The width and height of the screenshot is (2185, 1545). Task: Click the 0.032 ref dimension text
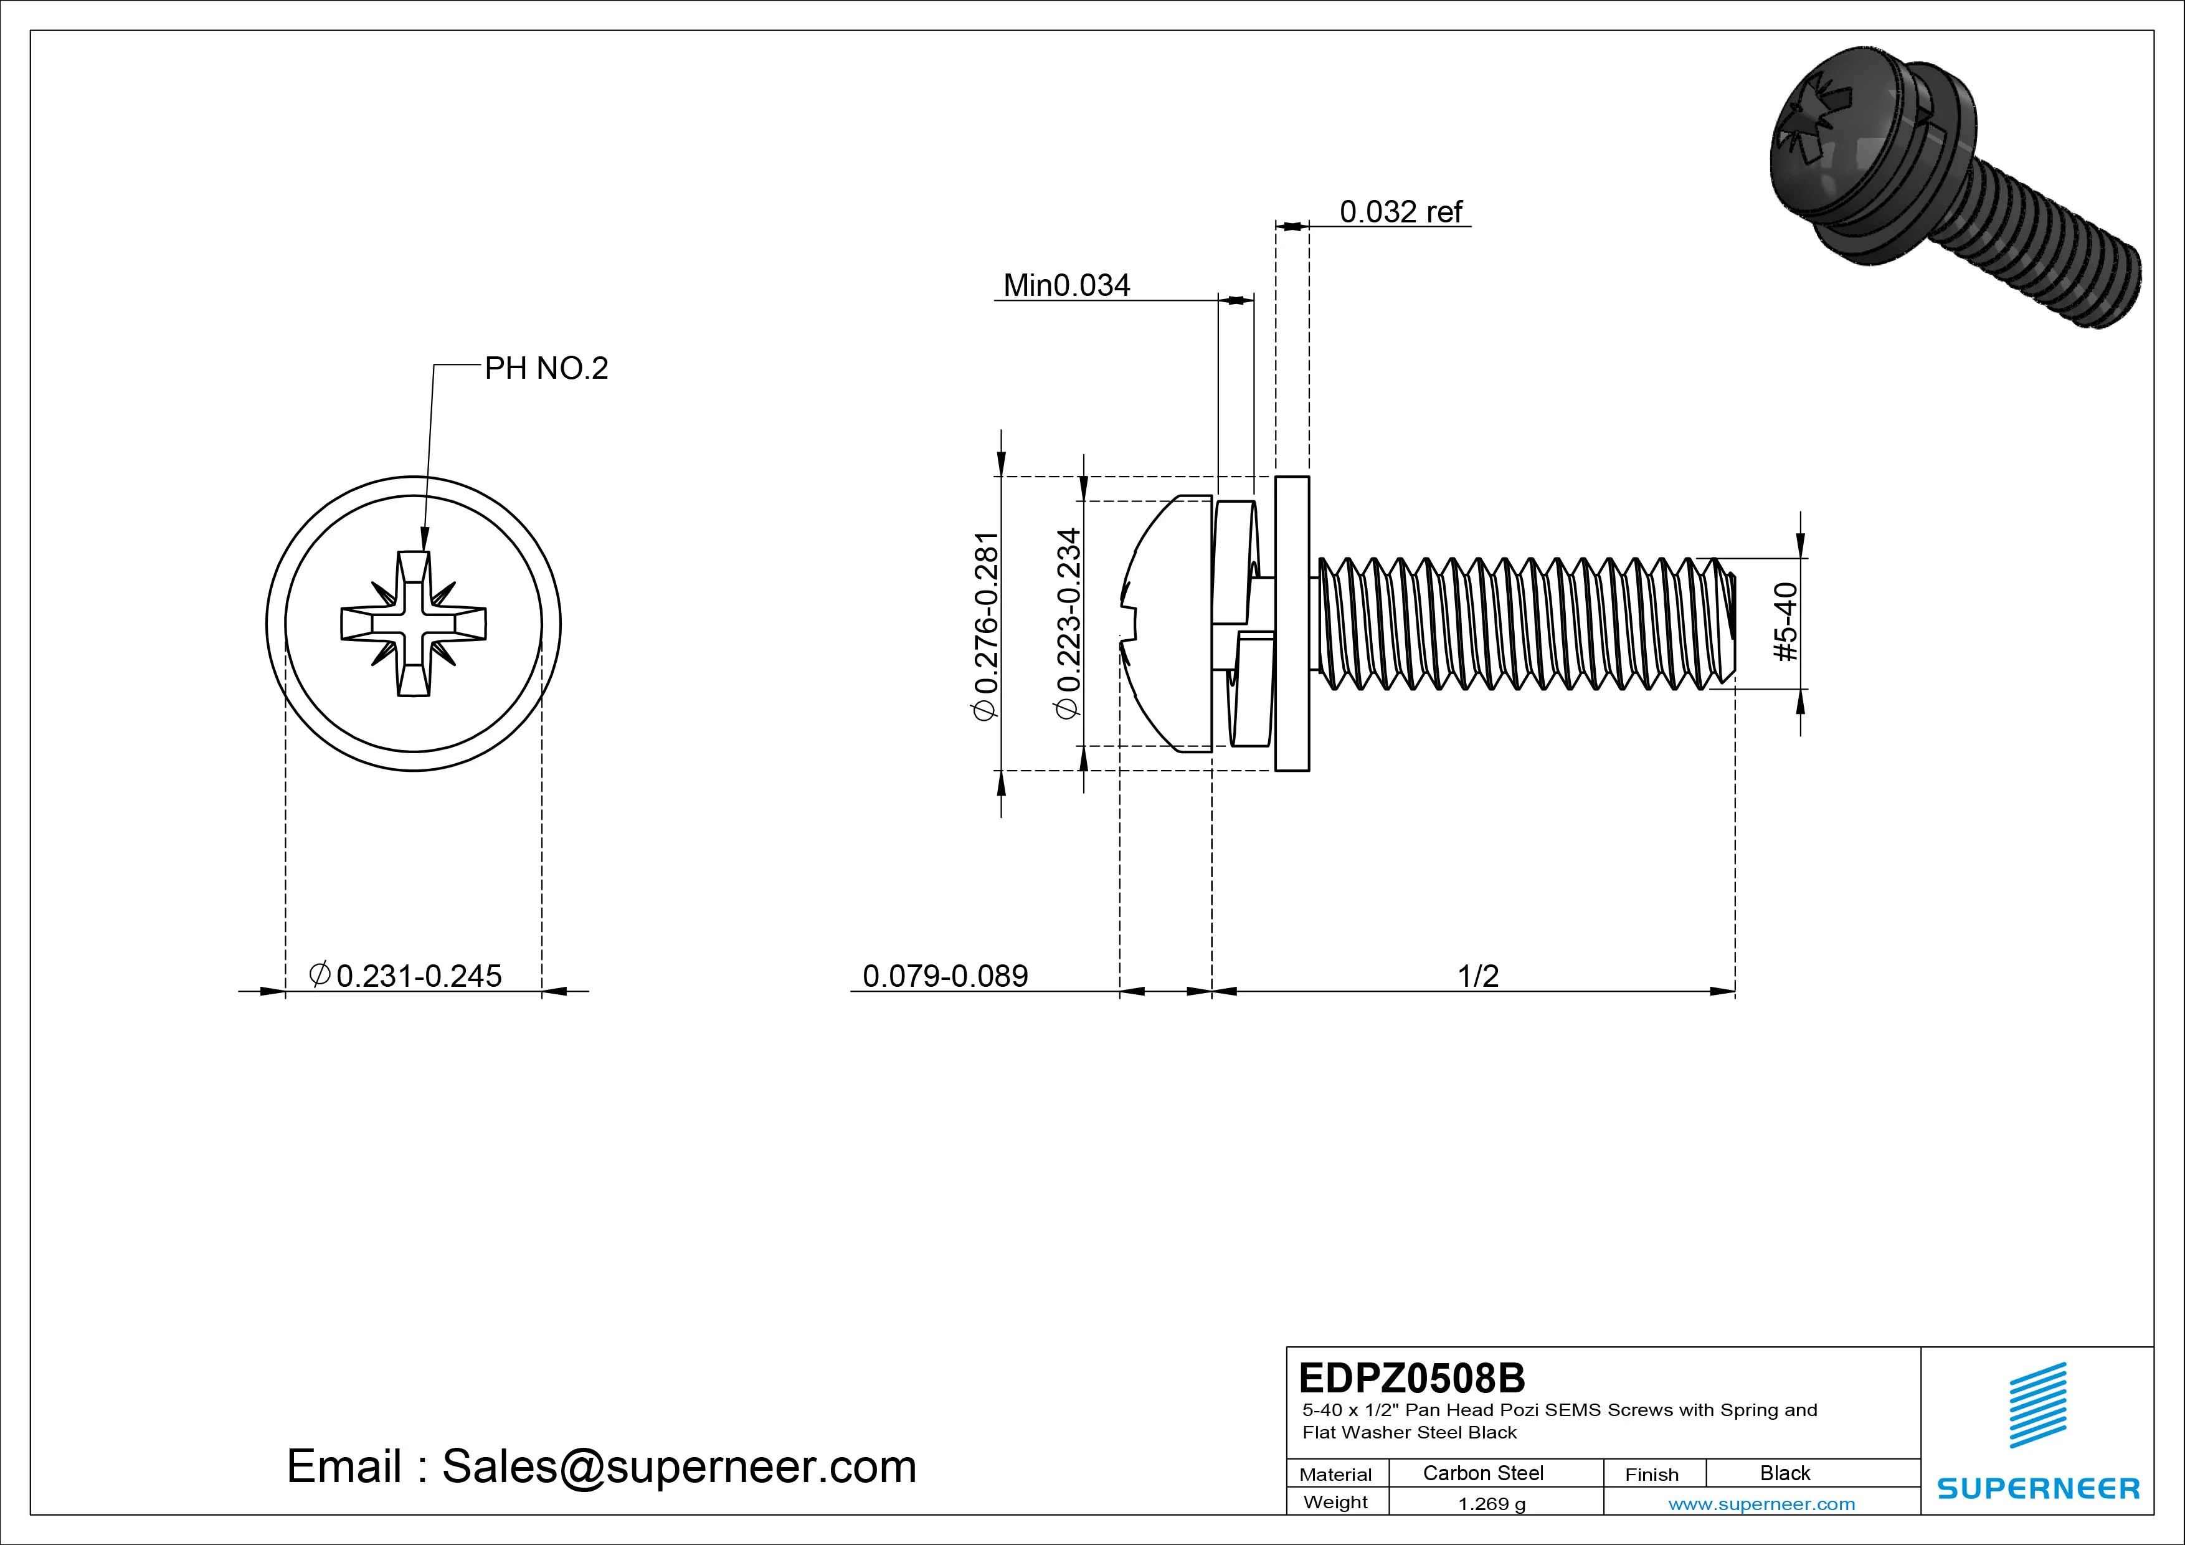[1400, 211]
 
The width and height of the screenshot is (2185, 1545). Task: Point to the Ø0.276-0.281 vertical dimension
[986, 625]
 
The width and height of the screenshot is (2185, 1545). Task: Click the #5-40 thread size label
[1786, 622]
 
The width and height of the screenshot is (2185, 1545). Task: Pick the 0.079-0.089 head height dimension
[945, 976]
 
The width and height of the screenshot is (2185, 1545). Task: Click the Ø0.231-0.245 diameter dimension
[406, 976]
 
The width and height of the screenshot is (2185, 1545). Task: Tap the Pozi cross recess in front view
[413, 624]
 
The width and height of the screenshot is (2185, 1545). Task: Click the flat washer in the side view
[1291, 624]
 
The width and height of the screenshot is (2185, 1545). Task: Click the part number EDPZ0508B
[1411, 1377]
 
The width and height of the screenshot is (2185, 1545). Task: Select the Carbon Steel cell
[1482, 1473]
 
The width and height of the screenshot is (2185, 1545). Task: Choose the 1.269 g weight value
[1491, 1504]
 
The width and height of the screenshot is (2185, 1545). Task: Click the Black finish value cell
[1784, 1473]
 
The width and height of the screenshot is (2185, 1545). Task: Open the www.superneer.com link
[1761, 1504]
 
